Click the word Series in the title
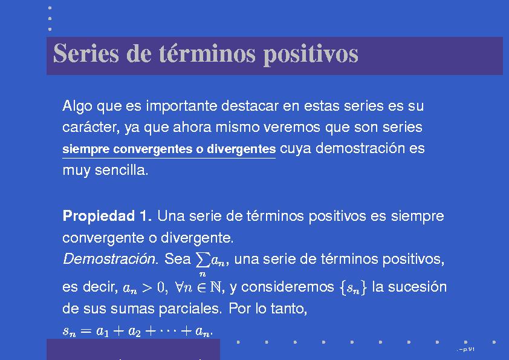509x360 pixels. click(x=86, y=53)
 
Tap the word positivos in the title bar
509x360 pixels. click(x=311, y=54)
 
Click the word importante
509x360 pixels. click(x=181, y=106)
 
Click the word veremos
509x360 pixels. click(x=292, y=128)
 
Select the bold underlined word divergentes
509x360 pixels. click(x=241, y=149)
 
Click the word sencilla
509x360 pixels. click(x=122, y=170)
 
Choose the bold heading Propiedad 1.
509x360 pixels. click(x=107, y=216)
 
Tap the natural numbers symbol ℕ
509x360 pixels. click(x=215, y=287)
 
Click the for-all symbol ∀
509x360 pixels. click(x=179, y=287)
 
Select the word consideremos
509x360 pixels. click(x=287, y=287)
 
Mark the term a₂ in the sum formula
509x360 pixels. click(x=134, y=332)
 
